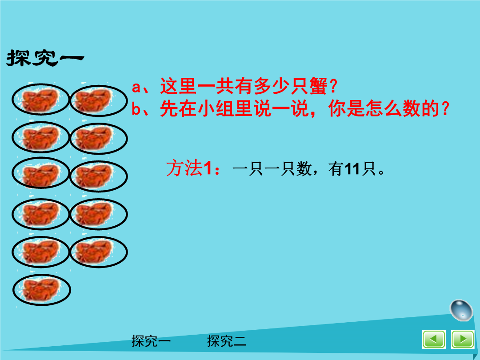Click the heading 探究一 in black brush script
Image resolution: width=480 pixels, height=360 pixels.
45,58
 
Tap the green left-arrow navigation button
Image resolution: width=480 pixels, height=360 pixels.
433,339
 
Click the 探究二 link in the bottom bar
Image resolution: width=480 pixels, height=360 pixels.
227,341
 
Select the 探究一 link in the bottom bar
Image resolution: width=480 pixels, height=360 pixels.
151,341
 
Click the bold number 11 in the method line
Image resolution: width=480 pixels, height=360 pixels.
352,169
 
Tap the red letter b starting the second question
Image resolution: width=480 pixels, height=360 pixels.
136,109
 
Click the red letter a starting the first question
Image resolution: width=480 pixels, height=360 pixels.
136,88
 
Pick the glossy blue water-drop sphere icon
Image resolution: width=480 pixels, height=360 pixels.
461,310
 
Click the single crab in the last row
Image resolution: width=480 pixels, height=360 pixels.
41,290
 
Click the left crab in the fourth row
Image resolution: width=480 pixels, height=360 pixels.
41,213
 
